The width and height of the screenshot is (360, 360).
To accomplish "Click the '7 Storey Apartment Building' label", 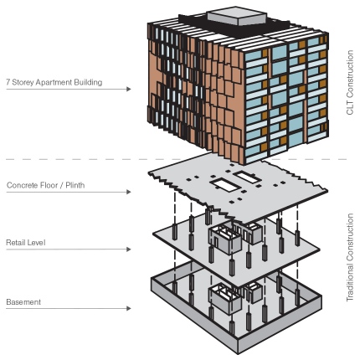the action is tap(54, 82).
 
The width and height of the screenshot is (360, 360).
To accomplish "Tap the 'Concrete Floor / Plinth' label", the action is tap(45, 185).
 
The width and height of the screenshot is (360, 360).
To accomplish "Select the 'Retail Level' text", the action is tap(26, 243).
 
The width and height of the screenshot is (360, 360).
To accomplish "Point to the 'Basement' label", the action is tap(23, 302).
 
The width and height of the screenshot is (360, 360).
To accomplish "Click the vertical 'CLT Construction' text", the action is tap(350, 82).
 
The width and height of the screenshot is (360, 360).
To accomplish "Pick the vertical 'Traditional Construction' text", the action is tap(350, 257).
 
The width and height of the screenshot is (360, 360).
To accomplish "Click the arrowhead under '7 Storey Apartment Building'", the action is tap(128, 89).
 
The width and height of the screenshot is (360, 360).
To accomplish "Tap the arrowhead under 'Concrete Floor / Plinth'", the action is tap(128, 192).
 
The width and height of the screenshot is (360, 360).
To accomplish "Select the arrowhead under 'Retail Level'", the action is tap(128, 249).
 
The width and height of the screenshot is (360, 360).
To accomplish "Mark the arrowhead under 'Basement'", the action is tap(128, 308).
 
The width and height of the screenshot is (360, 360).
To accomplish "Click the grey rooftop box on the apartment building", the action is tap(237, 16).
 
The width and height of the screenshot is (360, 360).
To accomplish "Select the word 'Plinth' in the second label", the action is tap(75, 185).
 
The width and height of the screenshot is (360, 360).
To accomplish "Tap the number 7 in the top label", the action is tap(8, 82).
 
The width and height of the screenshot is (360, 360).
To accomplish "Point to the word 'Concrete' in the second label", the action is tap(22, 185).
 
